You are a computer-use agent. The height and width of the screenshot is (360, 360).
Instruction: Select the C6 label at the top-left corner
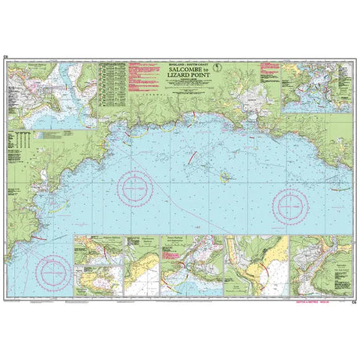(6, 56)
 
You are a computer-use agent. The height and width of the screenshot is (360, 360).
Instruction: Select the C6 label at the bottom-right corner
(354, 301)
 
